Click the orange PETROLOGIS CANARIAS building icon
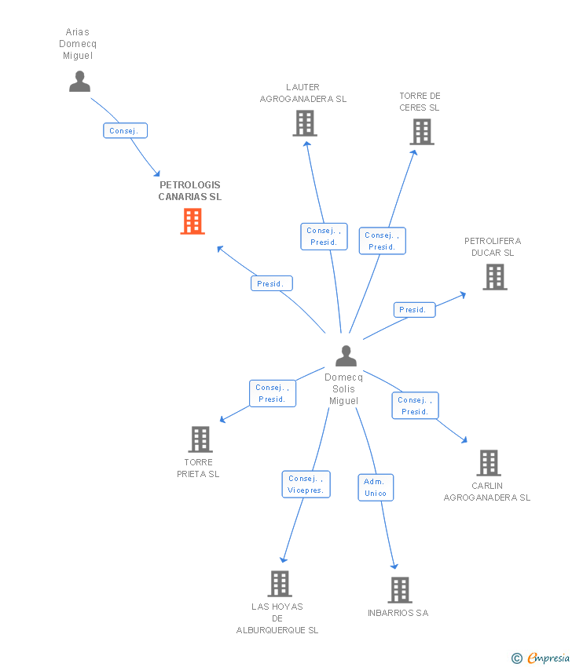coord(192,221)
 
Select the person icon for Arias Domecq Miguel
coord(79,82)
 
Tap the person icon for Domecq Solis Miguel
coord(346,356)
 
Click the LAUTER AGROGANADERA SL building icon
coord(305,123)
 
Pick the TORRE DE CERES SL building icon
coord(422,132)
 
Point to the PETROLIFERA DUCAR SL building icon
coord(494,277)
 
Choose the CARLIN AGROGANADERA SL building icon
coord(489,463)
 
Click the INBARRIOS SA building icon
coord(400,590)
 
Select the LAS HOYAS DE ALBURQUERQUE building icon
coord(280,584)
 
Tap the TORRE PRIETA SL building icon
coord(200,439)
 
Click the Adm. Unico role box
coord(376,487)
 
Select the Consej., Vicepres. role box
coord(306,484)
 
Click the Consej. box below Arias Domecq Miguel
coord(125,131)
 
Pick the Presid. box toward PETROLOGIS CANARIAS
coord(271,283)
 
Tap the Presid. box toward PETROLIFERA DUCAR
coord(414,310)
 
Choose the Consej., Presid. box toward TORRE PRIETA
coord(273,393)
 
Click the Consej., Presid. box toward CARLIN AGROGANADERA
coord(415,406)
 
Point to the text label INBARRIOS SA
coord(398,613)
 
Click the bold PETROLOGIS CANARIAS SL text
coord(190,191)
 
